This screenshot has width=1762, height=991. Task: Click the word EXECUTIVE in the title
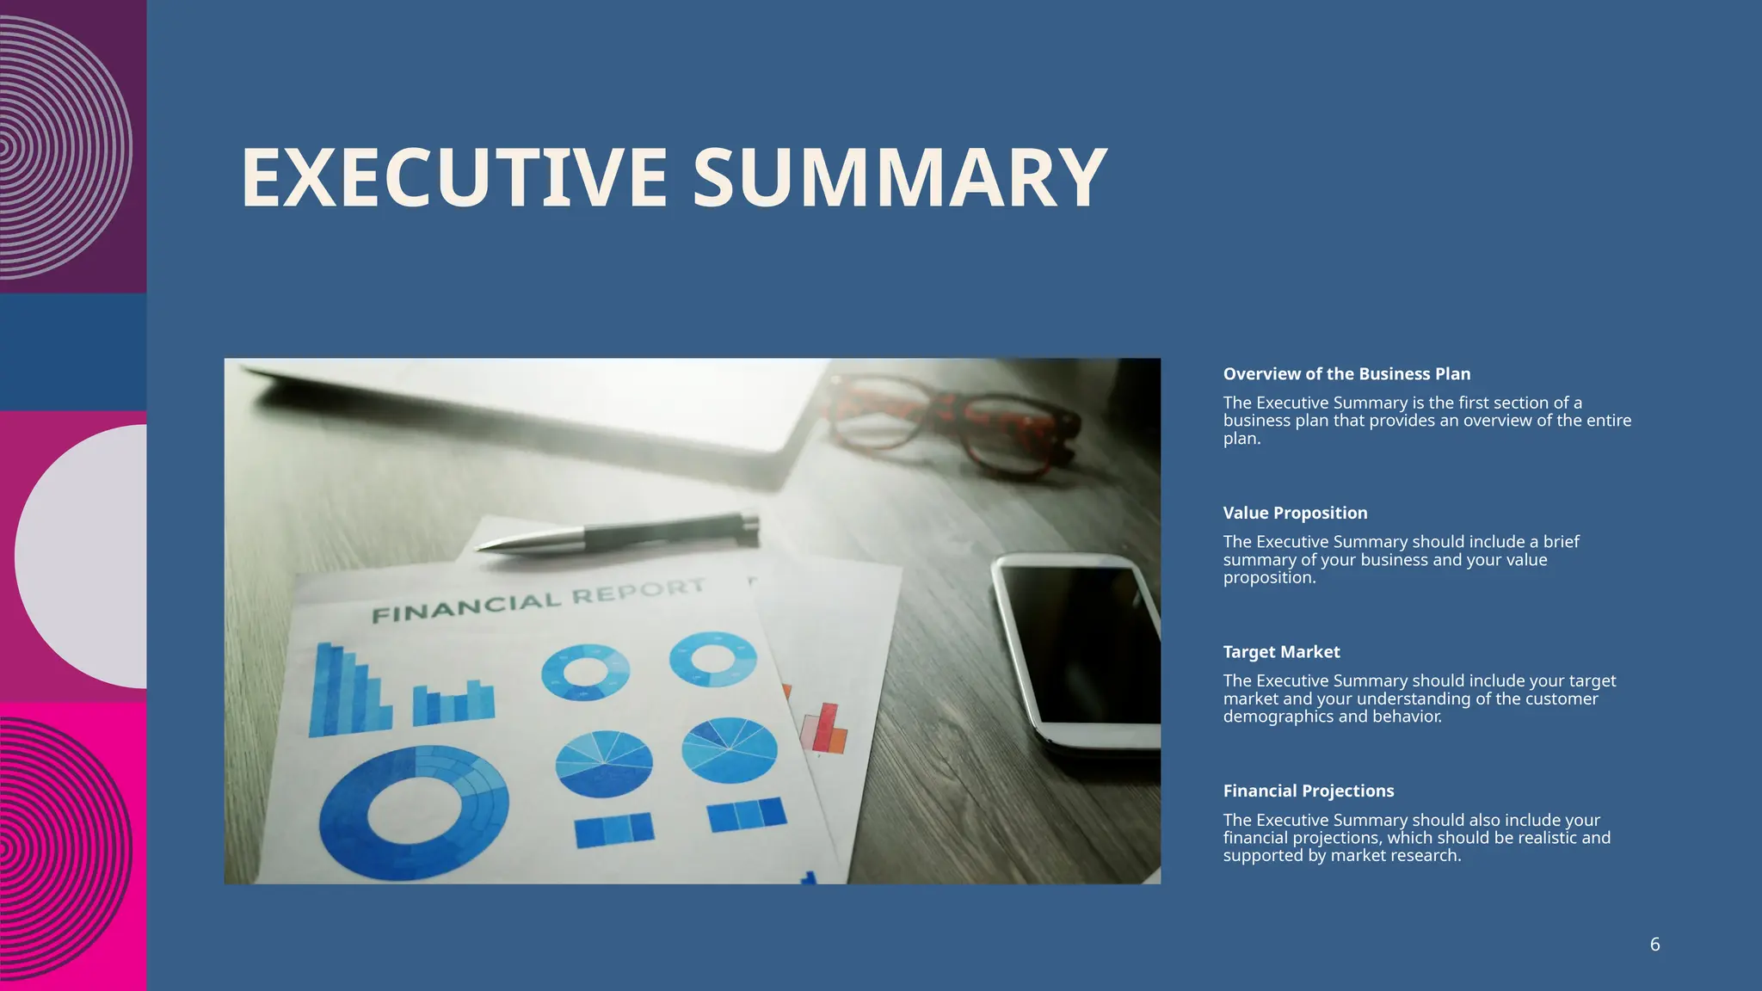[453, 178]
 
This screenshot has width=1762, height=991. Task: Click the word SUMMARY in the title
[899, 178]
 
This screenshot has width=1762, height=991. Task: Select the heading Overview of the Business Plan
[1346, 374]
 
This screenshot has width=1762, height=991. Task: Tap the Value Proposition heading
[1295, 514]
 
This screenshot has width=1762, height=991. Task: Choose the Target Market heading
[1281, 652]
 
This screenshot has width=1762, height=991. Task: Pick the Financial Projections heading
[1308, 791]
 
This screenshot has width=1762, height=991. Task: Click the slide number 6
[1654, 945]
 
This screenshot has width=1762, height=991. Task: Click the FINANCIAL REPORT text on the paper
[538, 600]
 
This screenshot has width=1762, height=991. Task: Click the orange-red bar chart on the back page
[824, 729]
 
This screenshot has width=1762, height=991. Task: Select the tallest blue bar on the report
[326, 688]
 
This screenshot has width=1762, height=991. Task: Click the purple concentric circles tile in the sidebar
[73, 146]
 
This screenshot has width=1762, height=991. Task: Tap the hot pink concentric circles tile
[73, 847]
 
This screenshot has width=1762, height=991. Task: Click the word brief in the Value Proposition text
[1561, 542]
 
